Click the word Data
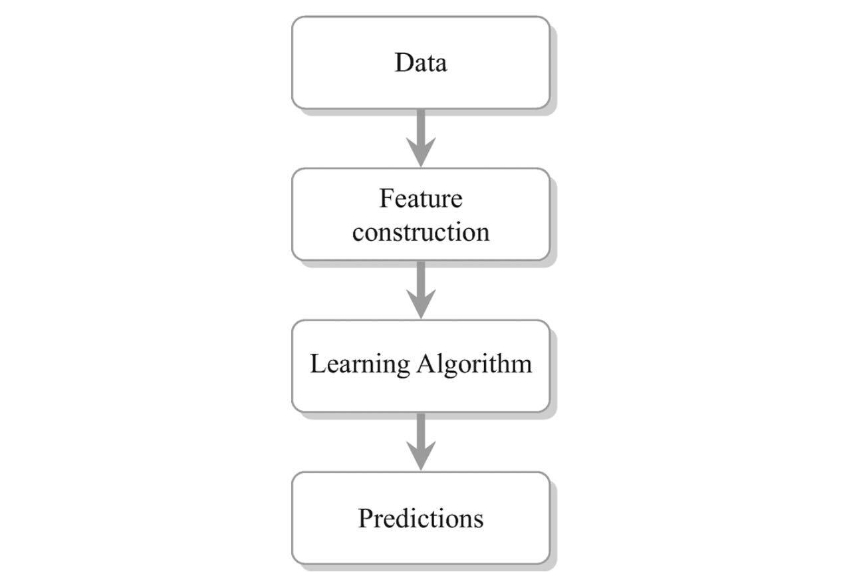pyautogui.click(x=420, y=63)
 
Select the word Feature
pyautogui.click(x=421, y=198)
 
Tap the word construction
pyautogui.click(x=421, y=232)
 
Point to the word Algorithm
pyautogui.click(x=475, y=364)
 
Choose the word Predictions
pyautogui.click(x=421, y=518)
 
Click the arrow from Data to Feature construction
pyautogui.click(x=421, y=138)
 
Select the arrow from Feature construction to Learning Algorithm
pyautogui.click(x=421, y=290)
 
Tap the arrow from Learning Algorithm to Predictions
pyautogui.click(x=421, y=442)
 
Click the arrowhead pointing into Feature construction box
pyautogui.click(x=421, y=153)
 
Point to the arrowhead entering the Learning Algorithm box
pyautogui.click(x=421, y=305)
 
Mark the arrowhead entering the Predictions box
pyautogui.click(x=421, y=457)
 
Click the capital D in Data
pyautogui.click(x=404, y=63)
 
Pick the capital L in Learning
pyautogui.click(x=318, y=363)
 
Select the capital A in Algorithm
pyautogui.click(x=427, y=363)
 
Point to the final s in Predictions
pyautogui.click(x=479, y=522)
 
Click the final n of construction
pyautogui.click(x=483, y=235)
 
